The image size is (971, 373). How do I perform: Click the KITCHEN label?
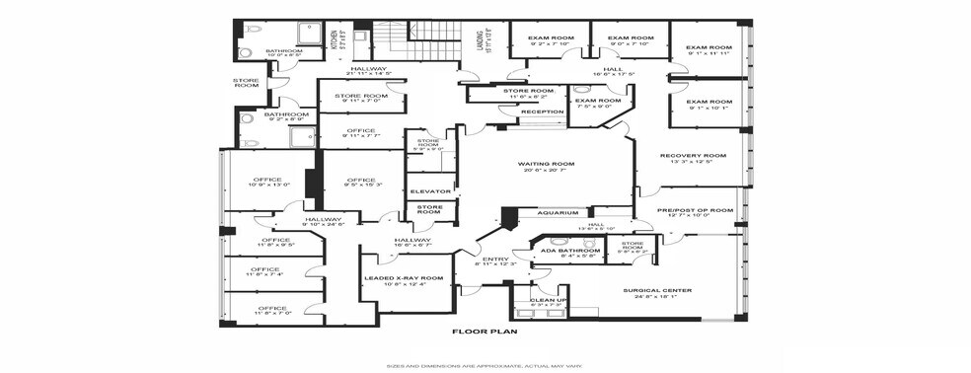[333, 40]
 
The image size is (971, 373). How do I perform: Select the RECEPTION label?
[542, 112]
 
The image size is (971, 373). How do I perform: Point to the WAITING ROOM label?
[546, 164]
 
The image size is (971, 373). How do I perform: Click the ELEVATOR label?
[430, 190]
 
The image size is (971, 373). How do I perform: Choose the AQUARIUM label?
[558, 213]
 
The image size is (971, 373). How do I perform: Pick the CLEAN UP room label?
[548, 299]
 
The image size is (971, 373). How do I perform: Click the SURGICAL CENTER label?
[656, 290]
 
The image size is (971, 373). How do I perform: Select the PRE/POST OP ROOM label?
[696, 210]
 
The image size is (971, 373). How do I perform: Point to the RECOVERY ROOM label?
[693, 155]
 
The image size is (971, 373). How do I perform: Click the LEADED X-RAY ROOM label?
[405, 278]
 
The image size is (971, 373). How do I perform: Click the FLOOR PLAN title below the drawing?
[485, 334]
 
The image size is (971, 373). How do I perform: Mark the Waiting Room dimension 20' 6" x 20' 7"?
[546, 172]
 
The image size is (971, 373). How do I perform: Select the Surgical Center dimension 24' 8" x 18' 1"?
[656, 297]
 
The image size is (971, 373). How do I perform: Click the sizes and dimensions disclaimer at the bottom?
[485, 366]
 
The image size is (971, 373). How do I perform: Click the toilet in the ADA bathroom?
[559, 240]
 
